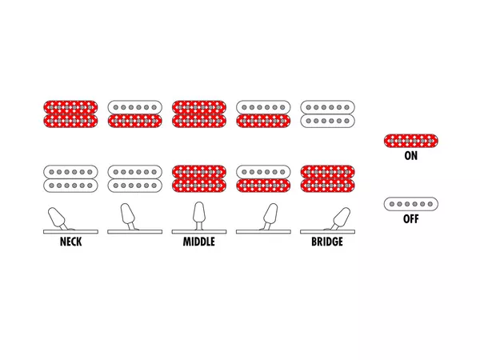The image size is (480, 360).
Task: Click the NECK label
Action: pyautogui.click(x=70, y=241)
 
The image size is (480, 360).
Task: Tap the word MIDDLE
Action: pyautogui.click(x=198, y=241)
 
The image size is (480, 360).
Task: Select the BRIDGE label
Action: pyautogui.click(x=326, y=241)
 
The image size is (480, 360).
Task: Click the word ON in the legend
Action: pyautogui.click(x=410, y=157)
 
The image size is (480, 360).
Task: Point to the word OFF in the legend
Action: pyautogui.click(x=410, y=218)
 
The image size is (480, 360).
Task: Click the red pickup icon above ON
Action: pyautogui.click(x=410, y=142)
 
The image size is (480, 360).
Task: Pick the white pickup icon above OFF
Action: pyautogui.click(x=410, y=203)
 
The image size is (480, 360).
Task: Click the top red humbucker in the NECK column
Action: pyautogui.click(x=70, y=114)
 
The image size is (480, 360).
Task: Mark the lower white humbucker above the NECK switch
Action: pyautogui.click(x=70, y=178)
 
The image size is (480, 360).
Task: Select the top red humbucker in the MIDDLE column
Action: pyautogui.click(x=198, y=114)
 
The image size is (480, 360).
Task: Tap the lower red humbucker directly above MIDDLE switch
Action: pyautogui.click(x=198, y=178)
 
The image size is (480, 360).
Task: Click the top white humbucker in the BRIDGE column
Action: pyautogui.click(x=326, y=114)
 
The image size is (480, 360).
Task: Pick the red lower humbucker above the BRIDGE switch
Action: pyautogui.click(x=326, y=178)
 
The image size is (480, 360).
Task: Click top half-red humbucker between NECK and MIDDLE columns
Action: pyautogui.click(x=134, y=114)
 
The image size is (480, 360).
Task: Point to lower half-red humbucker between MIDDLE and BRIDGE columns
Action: pyautogui.click(x=262, y=178)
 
